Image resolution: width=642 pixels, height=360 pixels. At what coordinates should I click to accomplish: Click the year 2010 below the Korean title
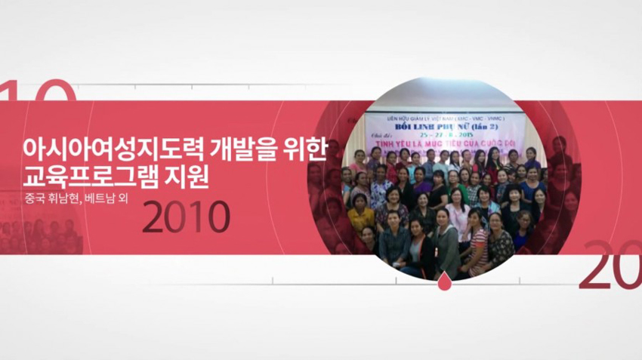(186, 217)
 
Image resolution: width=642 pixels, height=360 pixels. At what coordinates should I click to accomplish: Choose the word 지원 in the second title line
(187, 180)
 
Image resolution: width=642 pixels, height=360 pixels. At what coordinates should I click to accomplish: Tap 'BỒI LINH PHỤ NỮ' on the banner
(441, 127)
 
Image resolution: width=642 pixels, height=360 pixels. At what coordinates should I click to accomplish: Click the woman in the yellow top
(361, 217)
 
